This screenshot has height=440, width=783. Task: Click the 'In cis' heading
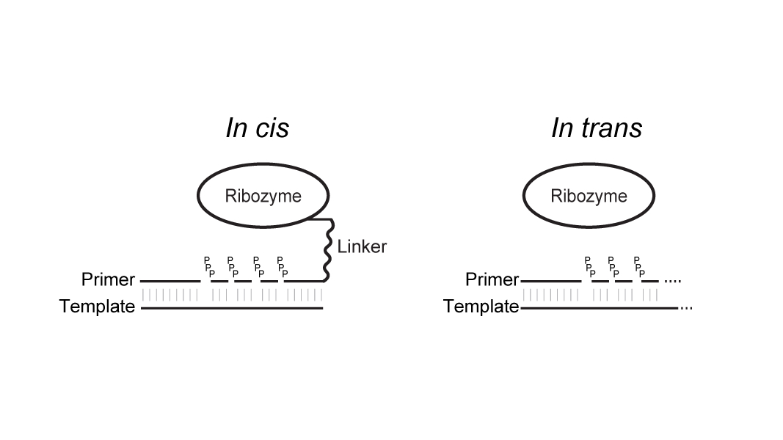click(x=257, y=128)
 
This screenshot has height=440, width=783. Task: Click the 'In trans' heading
click(x=596, y=128)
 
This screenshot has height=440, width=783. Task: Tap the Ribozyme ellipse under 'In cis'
click(x=263, y=196)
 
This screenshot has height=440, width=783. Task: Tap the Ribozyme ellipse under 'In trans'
click(x=589, y=196)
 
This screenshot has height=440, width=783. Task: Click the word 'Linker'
click(x=362, y=246)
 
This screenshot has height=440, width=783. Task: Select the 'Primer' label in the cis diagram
click(x=108, y=279)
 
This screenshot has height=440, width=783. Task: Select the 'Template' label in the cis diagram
click(x=97, y=307)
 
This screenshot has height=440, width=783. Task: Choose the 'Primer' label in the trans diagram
click(x=492, y=279)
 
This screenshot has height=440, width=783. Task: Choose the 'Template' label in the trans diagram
click(x=481, y=307)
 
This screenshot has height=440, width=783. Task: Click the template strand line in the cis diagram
click(x=232, y=308)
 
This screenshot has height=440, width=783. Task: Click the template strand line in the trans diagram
click(x=599, y=308)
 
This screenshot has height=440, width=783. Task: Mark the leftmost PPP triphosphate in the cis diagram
click(x=208, y=266)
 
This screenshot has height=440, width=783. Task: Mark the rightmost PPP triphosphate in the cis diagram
click(x=281, y=266)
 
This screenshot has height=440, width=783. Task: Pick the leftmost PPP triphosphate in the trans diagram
click(x=589, y=266)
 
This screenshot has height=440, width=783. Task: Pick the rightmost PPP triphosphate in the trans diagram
click(x=638, y=266)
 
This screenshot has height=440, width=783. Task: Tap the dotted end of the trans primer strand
click(x=673, y=281)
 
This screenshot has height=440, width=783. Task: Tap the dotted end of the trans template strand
click(x=686, y=308)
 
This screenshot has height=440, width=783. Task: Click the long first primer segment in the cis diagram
click(x=170, y=281)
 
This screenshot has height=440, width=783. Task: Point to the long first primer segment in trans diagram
click(x=551, y=281)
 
